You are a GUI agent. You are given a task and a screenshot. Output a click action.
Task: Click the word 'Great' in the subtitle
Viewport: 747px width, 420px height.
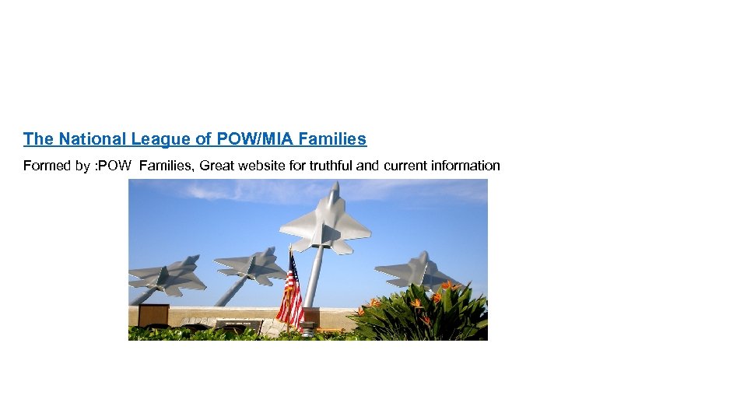pyautogui.click(x=218, y=166)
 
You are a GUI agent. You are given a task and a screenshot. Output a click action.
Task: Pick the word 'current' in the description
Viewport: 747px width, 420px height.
pyautogui.click(x=409, y=166)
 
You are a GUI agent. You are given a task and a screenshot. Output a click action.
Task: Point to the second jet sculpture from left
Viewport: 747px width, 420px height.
pyautogui.click(x=251, y=266)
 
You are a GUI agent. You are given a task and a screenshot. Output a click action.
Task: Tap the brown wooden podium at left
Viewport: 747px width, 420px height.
pyautogui.click(x=153, y=315)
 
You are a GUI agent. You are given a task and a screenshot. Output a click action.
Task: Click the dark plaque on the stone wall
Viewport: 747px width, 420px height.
pyautogui.click(x=239, y=324)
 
